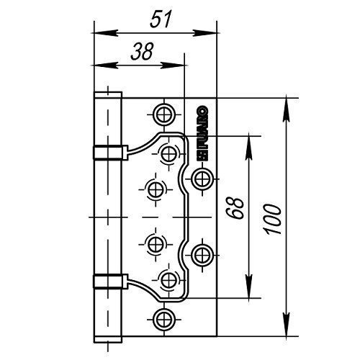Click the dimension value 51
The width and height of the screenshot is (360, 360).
(x=161, y=19)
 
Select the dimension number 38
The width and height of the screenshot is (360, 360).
(x=142, y=52)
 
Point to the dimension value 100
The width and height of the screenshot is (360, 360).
(x=273, y=219)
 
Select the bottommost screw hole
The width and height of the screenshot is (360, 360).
(x=164, y=319)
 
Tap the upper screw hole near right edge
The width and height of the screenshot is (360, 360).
(x=202, y=179)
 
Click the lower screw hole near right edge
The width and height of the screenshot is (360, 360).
(x=202, y=255)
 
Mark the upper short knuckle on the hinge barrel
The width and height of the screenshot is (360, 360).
(x=110, y=153)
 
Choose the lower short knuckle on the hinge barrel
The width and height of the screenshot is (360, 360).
(x=110, y=281)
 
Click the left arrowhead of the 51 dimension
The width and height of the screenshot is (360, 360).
(x=105, y=33)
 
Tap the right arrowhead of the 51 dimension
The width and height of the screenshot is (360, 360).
(x=204, y=33)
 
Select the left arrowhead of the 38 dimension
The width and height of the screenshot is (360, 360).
(x=105, y=65)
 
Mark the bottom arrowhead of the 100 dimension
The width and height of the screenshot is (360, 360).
(x=287, y=325)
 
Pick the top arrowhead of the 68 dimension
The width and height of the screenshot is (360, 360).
(x=249, y=148)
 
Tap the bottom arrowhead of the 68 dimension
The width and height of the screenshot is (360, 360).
(x=249, y=287)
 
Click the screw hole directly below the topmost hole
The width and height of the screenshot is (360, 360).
(x=169, y=153)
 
